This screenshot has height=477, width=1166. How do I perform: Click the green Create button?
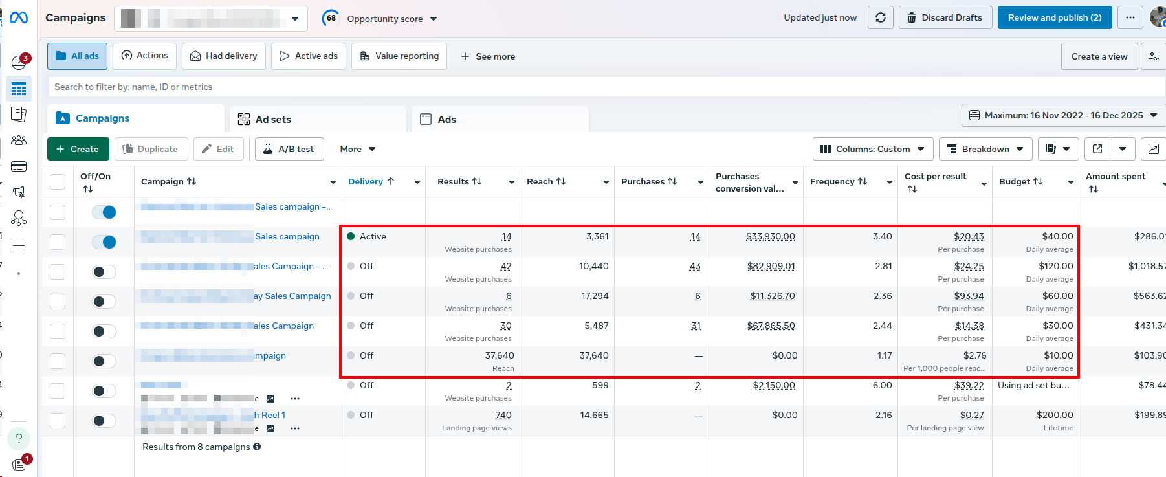[x=78, y=149]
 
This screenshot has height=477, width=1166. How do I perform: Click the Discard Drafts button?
[x=945, y=17]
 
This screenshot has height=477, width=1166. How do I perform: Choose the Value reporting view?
[x=399, y=56]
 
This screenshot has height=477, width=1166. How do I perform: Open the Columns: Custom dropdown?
[x=872, y=149]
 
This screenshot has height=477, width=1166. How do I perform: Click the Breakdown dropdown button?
[x=985, y=149]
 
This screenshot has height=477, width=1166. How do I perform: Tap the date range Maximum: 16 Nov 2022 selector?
[x=1062, y=115]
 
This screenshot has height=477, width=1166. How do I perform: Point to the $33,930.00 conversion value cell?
[x=770, y=236]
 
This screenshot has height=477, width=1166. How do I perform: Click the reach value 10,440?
[x=593, y=266]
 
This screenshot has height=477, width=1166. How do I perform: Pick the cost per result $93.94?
[x=969, y=296]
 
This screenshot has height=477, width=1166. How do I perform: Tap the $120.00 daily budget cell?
[x=1055, y=266]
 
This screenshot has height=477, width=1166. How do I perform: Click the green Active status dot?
[x=351, y=236]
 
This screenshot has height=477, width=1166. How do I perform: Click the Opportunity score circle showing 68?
[x=331, y=18]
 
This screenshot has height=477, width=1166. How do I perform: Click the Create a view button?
[x=1099, y=56]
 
